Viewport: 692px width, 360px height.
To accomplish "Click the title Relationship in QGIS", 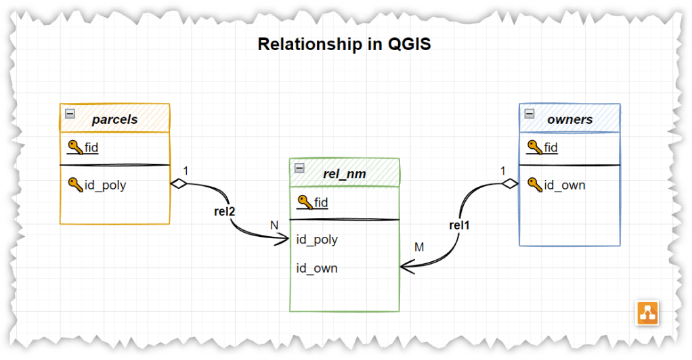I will tap(345, 45).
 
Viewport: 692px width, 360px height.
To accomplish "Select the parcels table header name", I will tap(114, 120).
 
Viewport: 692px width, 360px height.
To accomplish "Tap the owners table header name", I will tap(569, 120).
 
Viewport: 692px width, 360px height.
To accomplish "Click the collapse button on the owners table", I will tap(529, 114).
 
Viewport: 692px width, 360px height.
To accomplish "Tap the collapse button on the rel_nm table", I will tap(299, 168).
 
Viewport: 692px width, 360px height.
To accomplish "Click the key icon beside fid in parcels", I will tap(75, 147).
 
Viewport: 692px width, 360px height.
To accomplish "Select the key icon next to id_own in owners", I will tap(534, 184).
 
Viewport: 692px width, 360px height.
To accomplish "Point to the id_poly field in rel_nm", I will tap(317, 240).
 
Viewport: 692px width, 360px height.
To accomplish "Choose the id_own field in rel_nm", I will tap(317, 268).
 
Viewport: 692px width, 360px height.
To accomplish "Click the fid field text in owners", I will tap(550, 147).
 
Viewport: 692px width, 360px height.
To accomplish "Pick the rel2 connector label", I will tap(223, 212).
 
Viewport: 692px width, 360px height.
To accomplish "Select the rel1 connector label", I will tap(459, 225).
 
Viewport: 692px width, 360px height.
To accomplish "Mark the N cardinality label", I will tap(274, 225).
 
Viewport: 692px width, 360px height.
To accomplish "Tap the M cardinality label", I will tap(419, 248).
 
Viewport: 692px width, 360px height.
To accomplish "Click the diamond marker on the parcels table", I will tap(178, 183).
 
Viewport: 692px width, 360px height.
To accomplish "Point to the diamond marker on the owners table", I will tap(510, 183).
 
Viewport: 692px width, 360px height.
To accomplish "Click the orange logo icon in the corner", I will tap(648, 313).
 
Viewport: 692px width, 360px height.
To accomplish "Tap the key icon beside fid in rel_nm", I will tap(305, 201).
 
